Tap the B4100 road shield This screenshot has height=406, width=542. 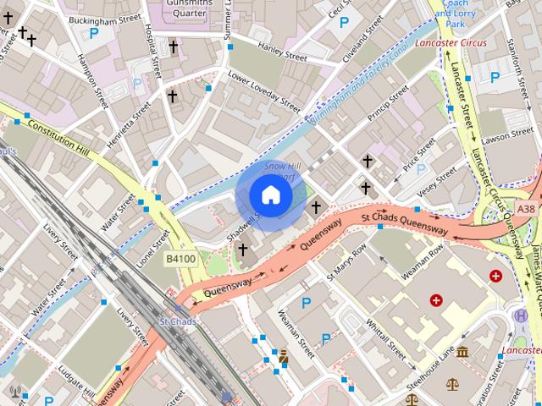pyautogui.click(x=180, y=259)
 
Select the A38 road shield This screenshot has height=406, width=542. pyautogui.click(x=526, y=209)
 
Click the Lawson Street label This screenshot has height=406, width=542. pyautogui.click(x=506, y=135)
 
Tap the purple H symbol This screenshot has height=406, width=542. pyautogui.click(x=520, y=338)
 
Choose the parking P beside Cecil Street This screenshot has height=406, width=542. pyautogui.click(x=345, y=23)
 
